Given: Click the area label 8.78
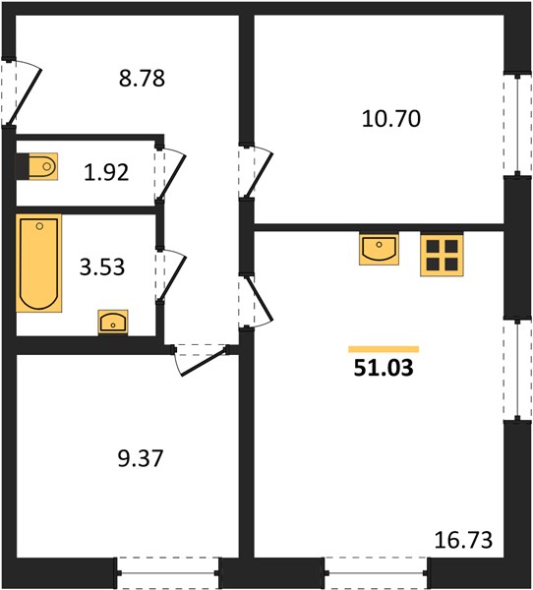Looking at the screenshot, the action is tap(142, 79).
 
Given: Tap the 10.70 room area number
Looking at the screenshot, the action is tap(391, 119).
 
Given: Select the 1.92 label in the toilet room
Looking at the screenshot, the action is tap(106, 173).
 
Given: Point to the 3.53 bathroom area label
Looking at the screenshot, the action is tap(102, 267).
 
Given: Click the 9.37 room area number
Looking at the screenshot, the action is tap(141, 458).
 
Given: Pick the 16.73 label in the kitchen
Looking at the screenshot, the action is tap(463, 540).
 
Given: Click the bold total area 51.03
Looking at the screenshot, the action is tap(384, 368).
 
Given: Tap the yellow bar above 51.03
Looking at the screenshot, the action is tap(384, 349).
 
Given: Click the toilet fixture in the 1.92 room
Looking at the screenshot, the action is tap(37, 166).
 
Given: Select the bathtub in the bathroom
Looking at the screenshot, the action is tap(38, 263).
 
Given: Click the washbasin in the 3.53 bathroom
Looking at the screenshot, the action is tap(113, 323).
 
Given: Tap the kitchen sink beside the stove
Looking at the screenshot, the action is tap(379, 249).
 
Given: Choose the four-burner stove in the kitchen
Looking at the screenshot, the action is tap(442, 255).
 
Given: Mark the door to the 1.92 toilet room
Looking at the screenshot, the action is tap(169, 173).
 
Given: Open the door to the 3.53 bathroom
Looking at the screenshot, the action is tap(170, 275).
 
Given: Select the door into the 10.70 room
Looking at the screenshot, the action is tap(256, 171).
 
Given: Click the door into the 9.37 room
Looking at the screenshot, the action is tap(201, 359).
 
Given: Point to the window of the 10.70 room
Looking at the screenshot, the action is tap(517, 124).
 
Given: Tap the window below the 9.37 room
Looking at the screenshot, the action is tap(167, 573).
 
